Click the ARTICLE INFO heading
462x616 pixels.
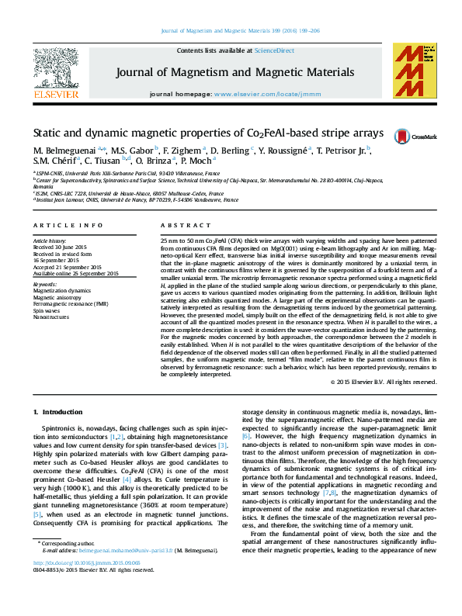[68, 225]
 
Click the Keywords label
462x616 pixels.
[45, 284]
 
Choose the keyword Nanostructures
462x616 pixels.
[50, 317]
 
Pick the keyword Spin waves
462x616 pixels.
[46, 310]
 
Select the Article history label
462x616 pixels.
[50, 241]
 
